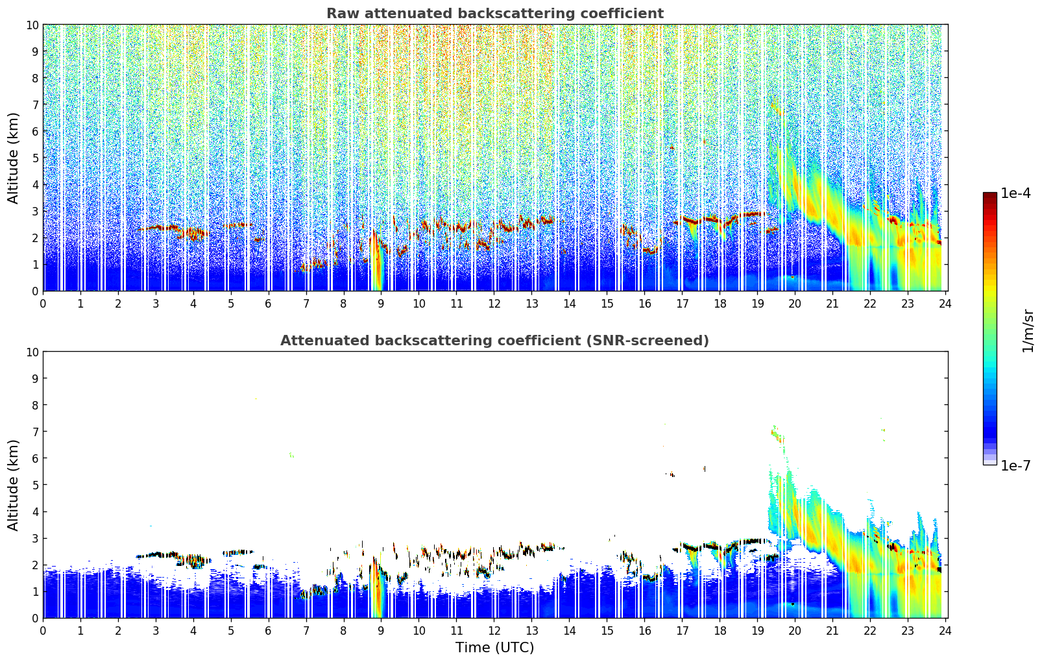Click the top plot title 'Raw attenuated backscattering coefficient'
(494, 14)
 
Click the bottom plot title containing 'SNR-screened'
(494, 341)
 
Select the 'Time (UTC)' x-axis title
(494, 647)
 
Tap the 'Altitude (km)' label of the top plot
(14, 158)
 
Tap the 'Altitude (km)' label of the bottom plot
(14, 485)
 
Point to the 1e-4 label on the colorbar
(1015, 193)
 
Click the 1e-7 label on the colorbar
(1015, 465)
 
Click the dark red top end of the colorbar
(989, 195)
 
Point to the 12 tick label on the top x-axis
(494, 303)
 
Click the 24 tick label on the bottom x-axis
(945, 630)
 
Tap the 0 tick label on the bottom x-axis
(43, 630)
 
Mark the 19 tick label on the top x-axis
(757, 303)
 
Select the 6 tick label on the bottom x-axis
(269, 630)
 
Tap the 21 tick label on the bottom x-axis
(832, 630)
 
